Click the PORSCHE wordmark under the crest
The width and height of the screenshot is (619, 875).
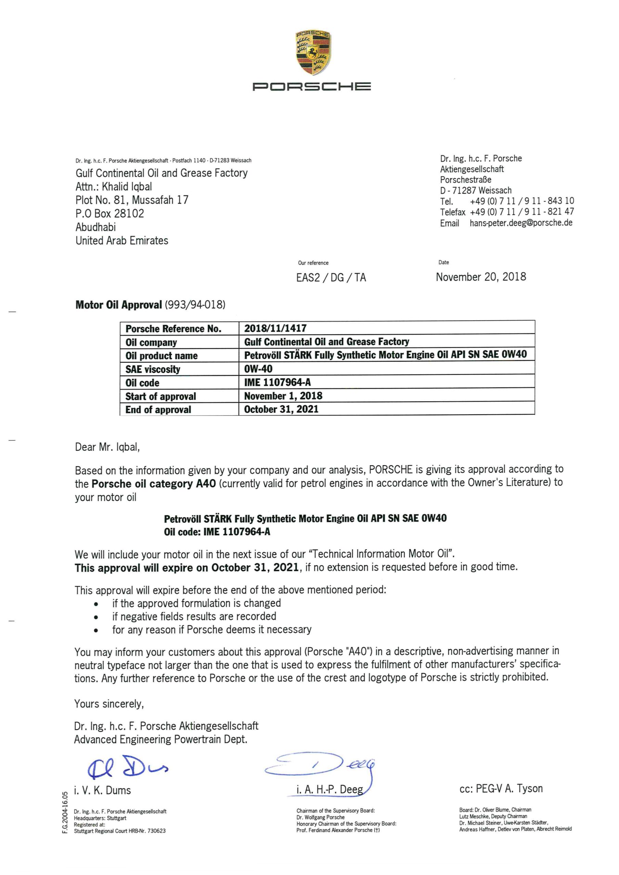point(312,87)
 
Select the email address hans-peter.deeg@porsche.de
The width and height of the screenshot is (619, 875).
point(521,223)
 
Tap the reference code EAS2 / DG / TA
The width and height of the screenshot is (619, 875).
point(331,278)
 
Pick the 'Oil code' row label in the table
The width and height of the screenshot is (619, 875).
point(142,382)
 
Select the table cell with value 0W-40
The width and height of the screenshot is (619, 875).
point(258,368)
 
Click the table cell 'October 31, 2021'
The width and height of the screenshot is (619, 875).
point(281,409)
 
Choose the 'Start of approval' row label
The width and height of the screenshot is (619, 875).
point(161,396)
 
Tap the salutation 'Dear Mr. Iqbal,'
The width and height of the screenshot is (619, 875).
point(107,447)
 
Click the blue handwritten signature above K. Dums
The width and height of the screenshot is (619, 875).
point(127,766)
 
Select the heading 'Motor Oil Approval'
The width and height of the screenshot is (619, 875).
point(119,305)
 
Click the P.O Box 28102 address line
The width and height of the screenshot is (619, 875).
point(110,213)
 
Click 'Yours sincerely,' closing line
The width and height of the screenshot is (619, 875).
point(109,704)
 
